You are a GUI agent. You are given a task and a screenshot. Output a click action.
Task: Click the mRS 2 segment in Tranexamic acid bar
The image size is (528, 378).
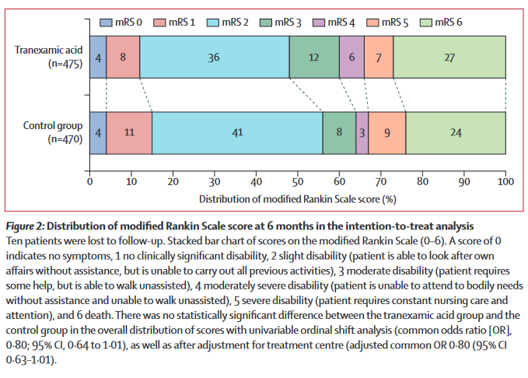pyautogui.click(x=214, y=57)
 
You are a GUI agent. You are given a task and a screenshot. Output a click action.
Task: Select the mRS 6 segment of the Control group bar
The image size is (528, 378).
pyautogui.click(x=455, y=132)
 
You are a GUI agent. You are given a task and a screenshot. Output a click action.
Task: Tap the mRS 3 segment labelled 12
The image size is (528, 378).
pyautogui.click(x=314, y=57)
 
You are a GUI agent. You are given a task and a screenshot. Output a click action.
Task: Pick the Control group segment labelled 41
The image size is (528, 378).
pyautogui.click(x=237, y=132)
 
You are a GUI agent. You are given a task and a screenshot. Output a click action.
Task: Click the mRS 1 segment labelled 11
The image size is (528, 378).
pyautogui.click(x=129, y=132)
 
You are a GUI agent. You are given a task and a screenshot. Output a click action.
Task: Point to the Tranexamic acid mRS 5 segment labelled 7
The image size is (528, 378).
pyautogui.click(x=379, y=57)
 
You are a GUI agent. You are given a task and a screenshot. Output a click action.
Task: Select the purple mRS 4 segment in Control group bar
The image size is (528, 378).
pyautogui.click(x=362, y=132)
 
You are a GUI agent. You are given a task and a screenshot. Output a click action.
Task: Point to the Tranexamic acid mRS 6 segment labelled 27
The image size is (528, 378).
pyautogui.click(x=449, y=57)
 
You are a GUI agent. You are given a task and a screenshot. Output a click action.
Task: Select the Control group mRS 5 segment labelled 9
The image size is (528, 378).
pyautogui.click(x=386, y=132)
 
